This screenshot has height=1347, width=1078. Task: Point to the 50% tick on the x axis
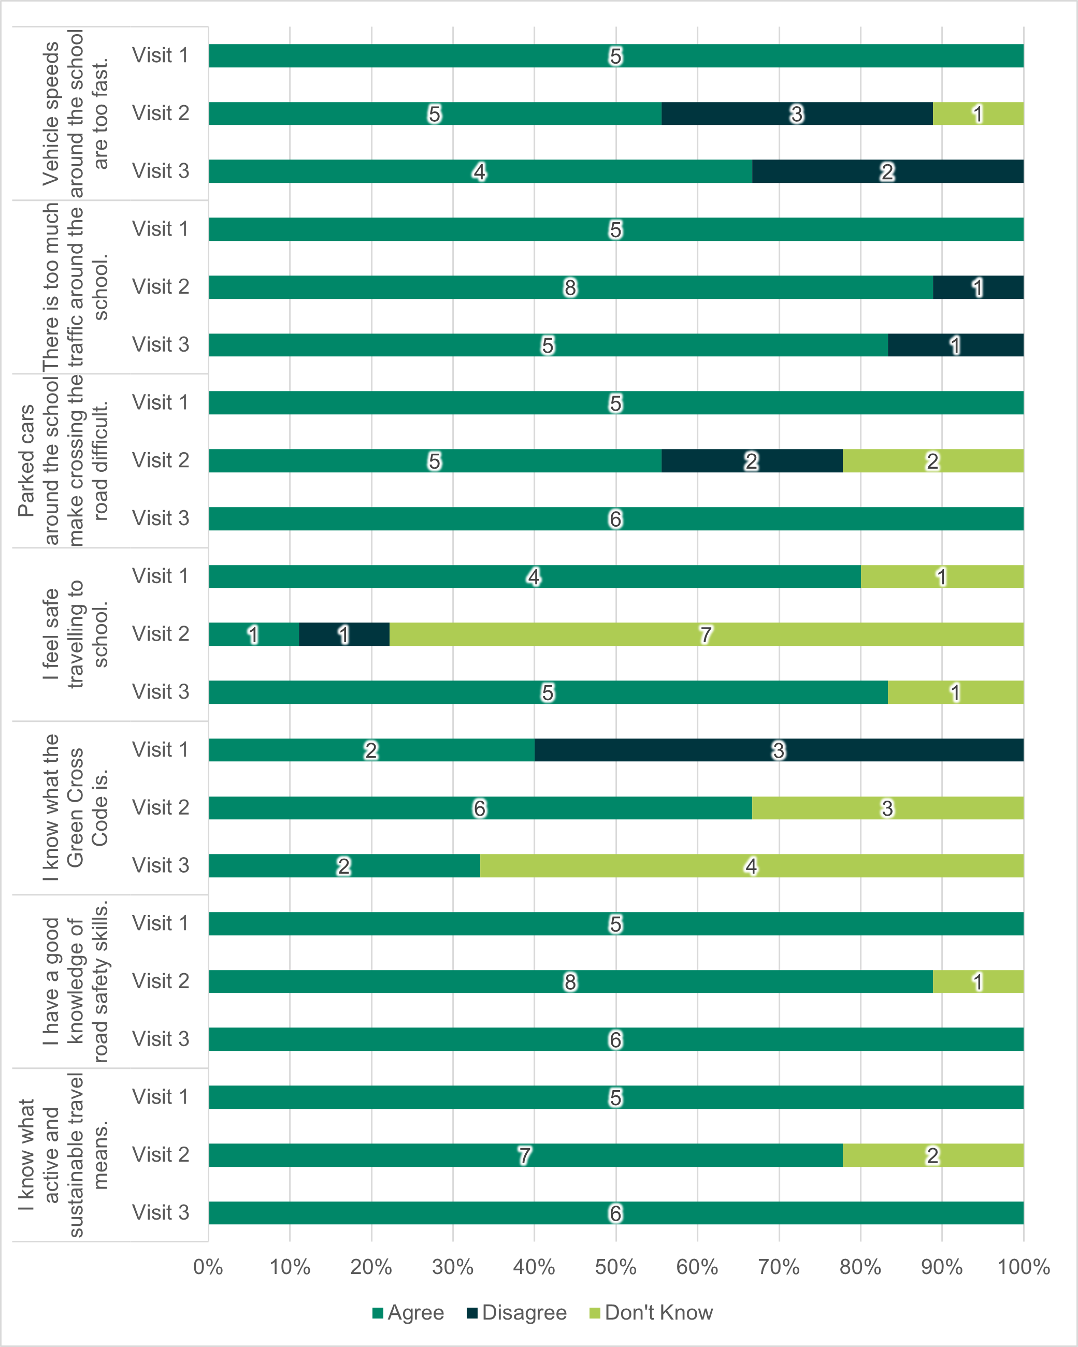coord(615,1267)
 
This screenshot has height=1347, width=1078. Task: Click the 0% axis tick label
coord(208,1267)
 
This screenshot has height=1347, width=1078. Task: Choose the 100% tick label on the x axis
coord(1023,1267)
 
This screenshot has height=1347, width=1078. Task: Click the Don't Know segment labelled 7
coord(706,634)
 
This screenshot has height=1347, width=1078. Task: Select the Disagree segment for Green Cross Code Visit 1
coord(779,750)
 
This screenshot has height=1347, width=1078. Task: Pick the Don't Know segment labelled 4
coord(751,866)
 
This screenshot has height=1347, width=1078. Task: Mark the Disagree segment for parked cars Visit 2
coord(752,460)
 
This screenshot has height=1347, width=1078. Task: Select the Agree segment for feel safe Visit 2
coord(254,634)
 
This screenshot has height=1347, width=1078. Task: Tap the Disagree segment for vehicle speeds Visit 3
coord(887,171)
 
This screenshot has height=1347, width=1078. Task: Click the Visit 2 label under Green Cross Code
coord(161,807)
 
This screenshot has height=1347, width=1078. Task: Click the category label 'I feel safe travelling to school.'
coord(75,634)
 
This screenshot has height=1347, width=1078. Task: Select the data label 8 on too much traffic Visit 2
coord(570,287)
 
